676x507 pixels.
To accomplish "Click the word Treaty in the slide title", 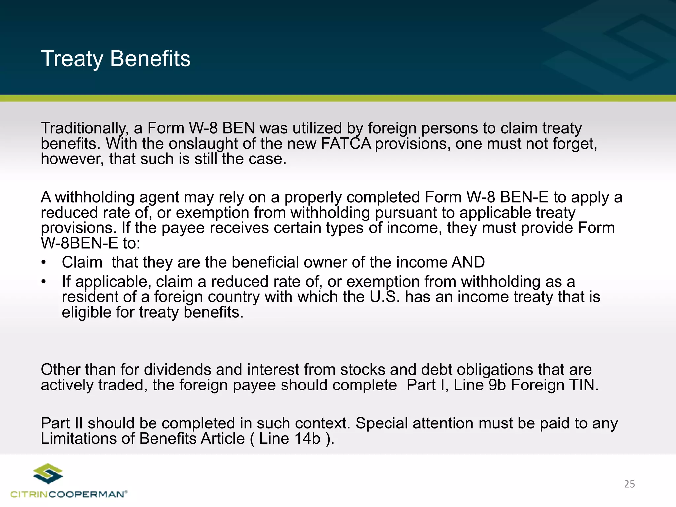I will [x=72, y=59].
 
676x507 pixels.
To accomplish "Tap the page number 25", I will [x=629, y=484].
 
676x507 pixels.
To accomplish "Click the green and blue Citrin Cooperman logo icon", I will [x=48, y=474].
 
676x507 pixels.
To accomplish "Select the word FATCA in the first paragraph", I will [x=346, y=144].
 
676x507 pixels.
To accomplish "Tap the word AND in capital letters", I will [x=468, y=262].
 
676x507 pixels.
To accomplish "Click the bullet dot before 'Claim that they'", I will [x=43, y=263].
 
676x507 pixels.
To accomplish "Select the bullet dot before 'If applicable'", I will [x=43, y=282].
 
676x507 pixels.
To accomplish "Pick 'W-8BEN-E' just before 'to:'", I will [x=79, y=244].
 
